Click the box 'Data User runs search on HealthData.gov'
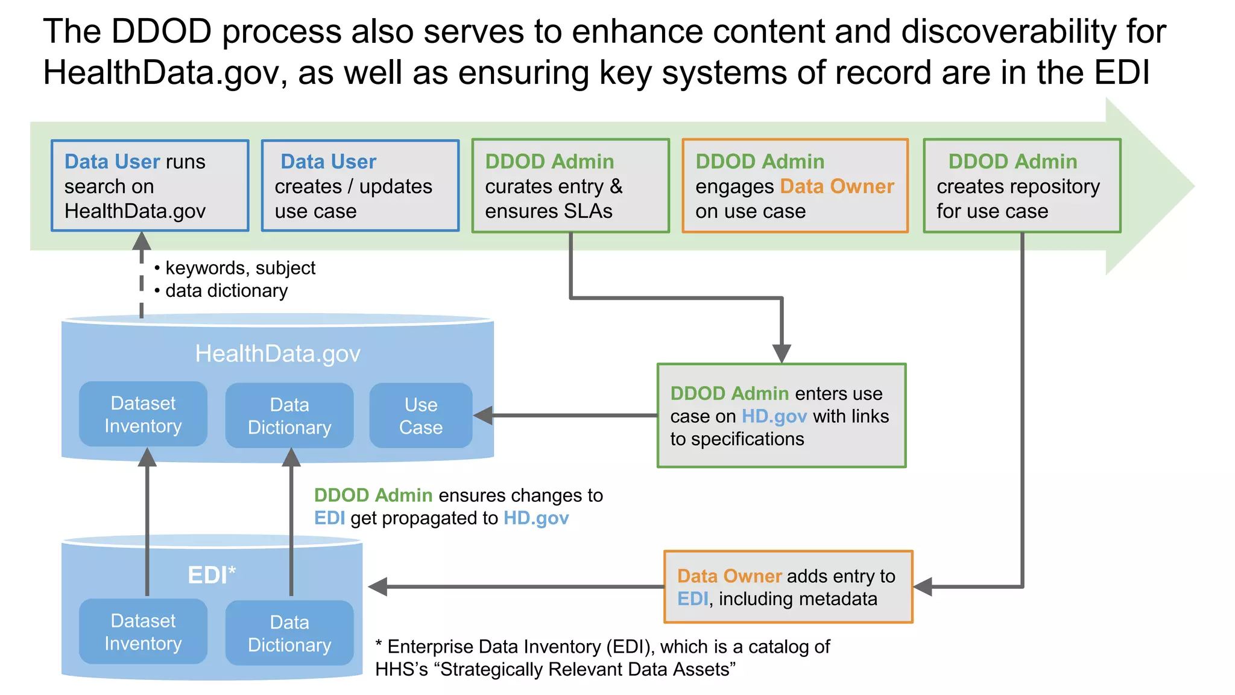pos(150,186)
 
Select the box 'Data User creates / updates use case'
pos(360,186)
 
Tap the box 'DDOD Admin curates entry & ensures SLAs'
pos(570,186)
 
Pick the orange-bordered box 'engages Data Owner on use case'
pos(795,186)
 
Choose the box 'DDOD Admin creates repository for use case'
pos(1022,186)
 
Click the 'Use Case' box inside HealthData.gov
pos(421,416)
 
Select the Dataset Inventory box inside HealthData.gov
pos(143,414)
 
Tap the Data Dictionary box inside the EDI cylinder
pos(289,633)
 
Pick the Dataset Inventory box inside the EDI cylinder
pos(143,632)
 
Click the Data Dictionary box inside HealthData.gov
pos(289,416)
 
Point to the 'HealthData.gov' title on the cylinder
pos(277,354)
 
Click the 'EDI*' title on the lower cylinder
pos(212,575)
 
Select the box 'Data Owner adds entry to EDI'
pos(788,587)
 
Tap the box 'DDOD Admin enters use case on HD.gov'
pos(782,416)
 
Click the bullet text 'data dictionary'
pos(226,291)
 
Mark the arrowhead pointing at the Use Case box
pos(483,415)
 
